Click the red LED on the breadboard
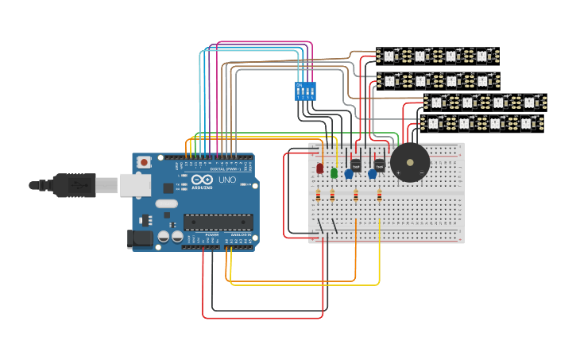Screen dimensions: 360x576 319,168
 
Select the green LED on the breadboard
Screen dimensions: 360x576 334,172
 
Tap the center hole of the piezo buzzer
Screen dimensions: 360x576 410,162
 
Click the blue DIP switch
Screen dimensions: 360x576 305,91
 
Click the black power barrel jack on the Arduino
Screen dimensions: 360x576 141,238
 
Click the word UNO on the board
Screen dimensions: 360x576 227,180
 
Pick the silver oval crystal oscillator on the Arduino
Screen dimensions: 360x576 167,203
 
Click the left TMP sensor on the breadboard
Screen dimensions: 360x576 355,165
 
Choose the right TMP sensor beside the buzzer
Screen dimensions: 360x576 379,165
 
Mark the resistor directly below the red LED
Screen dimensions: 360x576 319,195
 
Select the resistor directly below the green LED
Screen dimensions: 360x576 332,195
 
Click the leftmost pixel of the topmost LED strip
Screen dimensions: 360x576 389,56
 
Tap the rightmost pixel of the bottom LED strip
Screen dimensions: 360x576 526,123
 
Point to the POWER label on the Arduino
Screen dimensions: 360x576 212,236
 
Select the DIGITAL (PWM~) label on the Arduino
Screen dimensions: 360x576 225,169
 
